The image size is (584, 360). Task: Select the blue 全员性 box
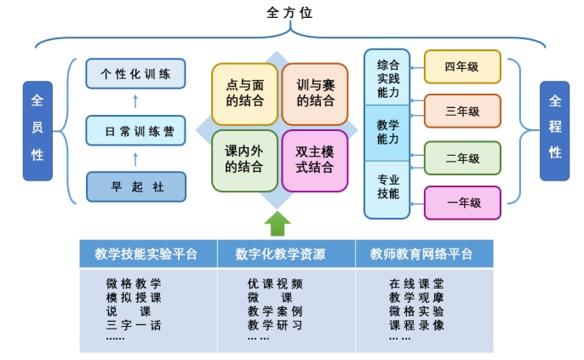pos(37,130)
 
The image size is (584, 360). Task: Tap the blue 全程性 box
pos(554,130)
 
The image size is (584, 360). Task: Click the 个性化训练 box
pos(136,74)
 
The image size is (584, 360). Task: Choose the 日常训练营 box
pos(136,132)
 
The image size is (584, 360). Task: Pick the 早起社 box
pos(136,187)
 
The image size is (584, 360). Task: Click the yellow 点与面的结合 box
pos(245,94)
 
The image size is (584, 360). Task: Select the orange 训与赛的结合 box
pos(315,94)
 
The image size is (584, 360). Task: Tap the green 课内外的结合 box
pos(245,160)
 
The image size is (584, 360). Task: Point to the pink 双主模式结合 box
pos(315,160)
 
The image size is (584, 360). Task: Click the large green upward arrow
pos(278,224)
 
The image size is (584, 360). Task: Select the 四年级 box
pos(462,66)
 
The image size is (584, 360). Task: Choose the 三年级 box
pos(462,111)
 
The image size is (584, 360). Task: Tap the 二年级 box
pos(462,158)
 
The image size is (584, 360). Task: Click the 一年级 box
pos(462,203)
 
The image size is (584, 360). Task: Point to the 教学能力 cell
pos(387,132)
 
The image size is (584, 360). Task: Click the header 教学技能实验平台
pos(146,254)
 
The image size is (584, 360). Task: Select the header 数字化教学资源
pos(285,254)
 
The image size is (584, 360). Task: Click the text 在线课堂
pos(416,283)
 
